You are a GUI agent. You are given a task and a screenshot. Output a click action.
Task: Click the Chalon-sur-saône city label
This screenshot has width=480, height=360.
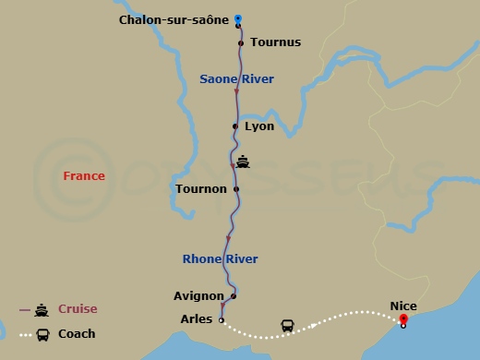tap(174, 19)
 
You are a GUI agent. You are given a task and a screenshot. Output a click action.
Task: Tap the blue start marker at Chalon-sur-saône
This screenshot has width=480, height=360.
tap(238, 18)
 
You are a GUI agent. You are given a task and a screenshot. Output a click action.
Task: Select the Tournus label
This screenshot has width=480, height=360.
tap(275, 42)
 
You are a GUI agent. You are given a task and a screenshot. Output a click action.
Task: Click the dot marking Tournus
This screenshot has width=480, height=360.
tap(241, 42)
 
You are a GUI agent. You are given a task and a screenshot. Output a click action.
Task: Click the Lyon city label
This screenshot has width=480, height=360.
tap(259, 126)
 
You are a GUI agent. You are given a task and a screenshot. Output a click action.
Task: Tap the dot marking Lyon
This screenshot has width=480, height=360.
tap(235, 126)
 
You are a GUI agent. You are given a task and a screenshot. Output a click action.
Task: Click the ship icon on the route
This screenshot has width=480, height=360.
tap(243, 162)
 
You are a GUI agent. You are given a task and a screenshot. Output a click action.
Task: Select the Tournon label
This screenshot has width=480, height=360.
tap(200, 189)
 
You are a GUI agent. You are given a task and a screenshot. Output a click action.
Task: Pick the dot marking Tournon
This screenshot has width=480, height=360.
tap(236, 189)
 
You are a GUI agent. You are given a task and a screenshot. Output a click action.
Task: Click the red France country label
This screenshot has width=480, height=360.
tap(83, 175)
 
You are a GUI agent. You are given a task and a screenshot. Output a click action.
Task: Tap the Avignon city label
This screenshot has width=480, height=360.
tap(198, 296)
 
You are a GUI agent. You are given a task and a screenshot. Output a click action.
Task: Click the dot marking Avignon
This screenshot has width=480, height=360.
tap(234, 296)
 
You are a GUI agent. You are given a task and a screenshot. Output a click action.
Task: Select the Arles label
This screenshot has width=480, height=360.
tap(196, 319)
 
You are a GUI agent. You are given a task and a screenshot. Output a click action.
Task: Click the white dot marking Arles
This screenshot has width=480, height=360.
tap(222, 319)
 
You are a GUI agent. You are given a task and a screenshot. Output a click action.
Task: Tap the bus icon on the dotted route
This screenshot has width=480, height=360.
tap(287, 326)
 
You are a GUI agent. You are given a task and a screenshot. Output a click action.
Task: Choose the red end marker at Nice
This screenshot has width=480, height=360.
tap(403, 319)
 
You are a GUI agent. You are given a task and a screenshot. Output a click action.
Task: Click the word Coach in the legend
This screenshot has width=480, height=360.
tap(77, 334)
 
